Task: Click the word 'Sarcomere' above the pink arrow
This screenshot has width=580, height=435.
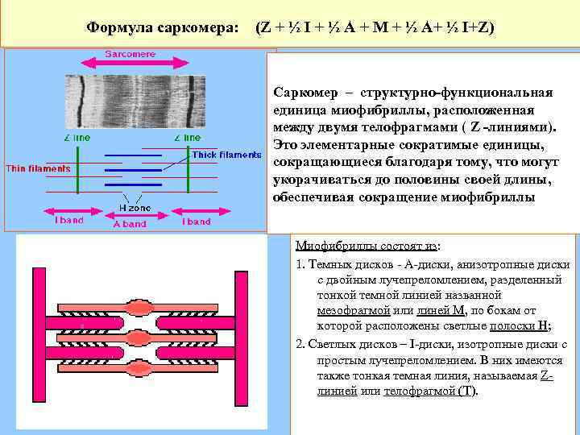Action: [130, 54]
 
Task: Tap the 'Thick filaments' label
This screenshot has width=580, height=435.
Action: [226, 155]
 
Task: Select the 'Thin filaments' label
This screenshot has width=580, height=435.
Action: [38, 168]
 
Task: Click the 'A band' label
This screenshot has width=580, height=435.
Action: [129, 224]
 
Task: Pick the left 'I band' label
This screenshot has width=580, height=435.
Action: [68, 221]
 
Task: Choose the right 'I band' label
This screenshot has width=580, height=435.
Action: [196, 221]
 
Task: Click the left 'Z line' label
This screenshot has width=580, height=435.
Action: [77, 138]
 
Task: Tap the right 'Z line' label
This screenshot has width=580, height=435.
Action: [187, 138]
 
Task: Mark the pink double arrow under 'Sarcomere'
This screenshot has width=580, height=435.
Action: [130, 65]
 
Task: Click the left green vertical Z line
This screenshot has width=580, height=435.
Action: [77, 169]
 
